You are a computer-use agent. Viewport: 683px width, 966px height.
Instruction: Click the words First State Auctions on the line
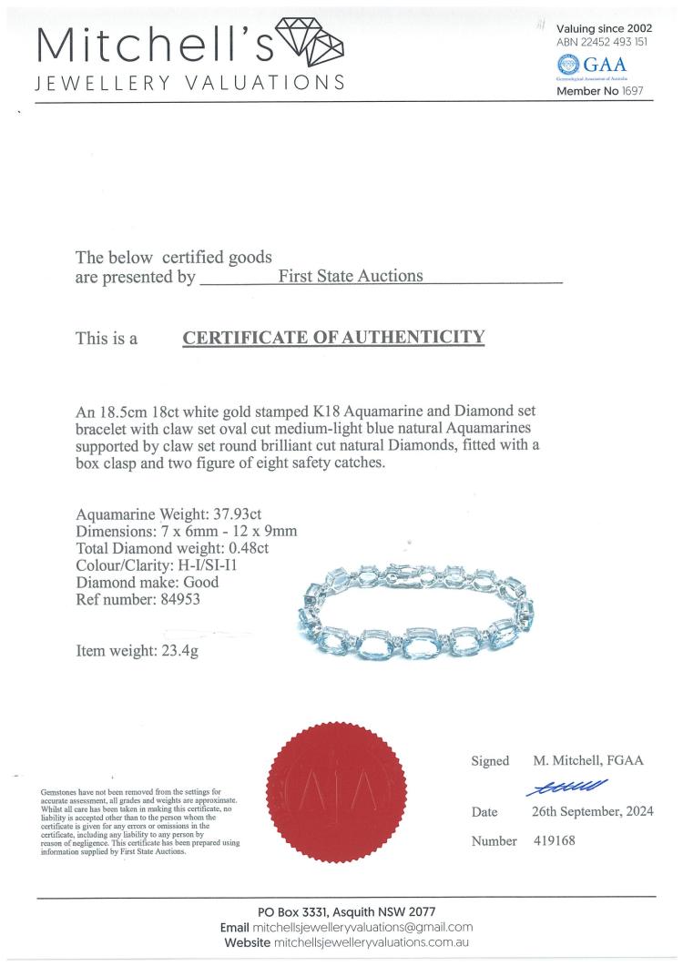click(x=351, y=276)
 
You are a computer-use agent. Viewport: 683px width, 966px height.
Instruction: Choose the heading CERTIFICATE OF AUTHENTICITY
click(x=333, y=338)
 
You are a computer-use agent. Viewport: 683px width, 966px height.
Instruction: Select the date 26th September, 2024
click(x=593, y=811)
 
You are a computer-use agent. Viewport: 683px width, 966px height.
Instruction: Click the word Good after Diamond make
click(x=200, y=583)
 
